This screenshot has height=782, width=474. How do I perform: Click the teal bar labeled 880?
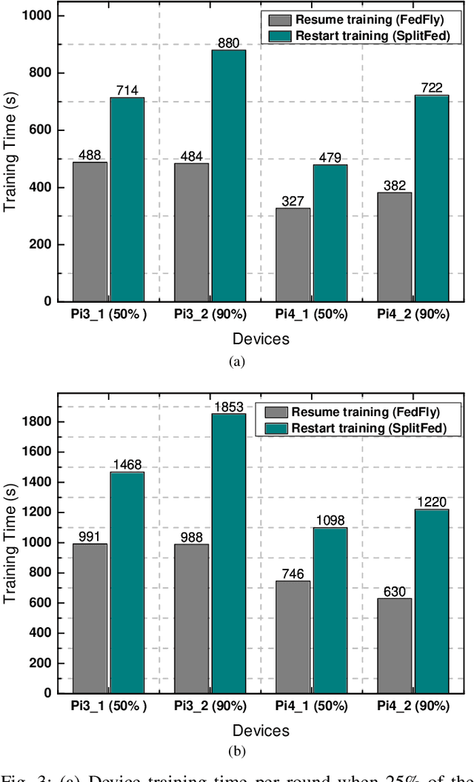pyautogui.click(x=229, y=176)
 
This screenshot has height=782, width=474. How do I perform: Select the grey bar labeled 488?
pyautogui.click(x=90, y=232)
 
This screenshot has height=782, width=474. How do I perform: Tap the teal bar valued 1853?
pyautogui.click(x=229, y=553)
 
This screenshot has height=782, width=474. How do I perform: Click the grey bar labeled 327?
pyautogui.click(x=293, y=255)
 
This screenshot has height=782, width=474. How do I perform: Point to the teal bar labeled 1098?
pyautogui.click(x=330, y=609)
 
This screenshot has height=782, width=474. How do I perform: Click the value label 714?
pyautogui.click(x=127, y=90)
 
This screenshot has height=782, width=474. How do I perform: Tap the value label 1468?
pyautogui.click(x=127, y=465)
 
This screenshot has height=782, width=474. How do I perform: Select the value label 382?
pyautogui.click(x=394, y=185)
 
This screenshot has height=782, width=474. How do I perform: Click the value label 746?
pyautogui.click(x=293, y=573)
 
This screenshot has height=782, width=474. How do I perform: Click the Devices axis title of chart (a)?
pyautogui.click(x=261, y=339)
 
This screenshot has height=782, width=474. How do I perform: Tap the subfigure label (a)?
pyautogui.click(x=236, y=361)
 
